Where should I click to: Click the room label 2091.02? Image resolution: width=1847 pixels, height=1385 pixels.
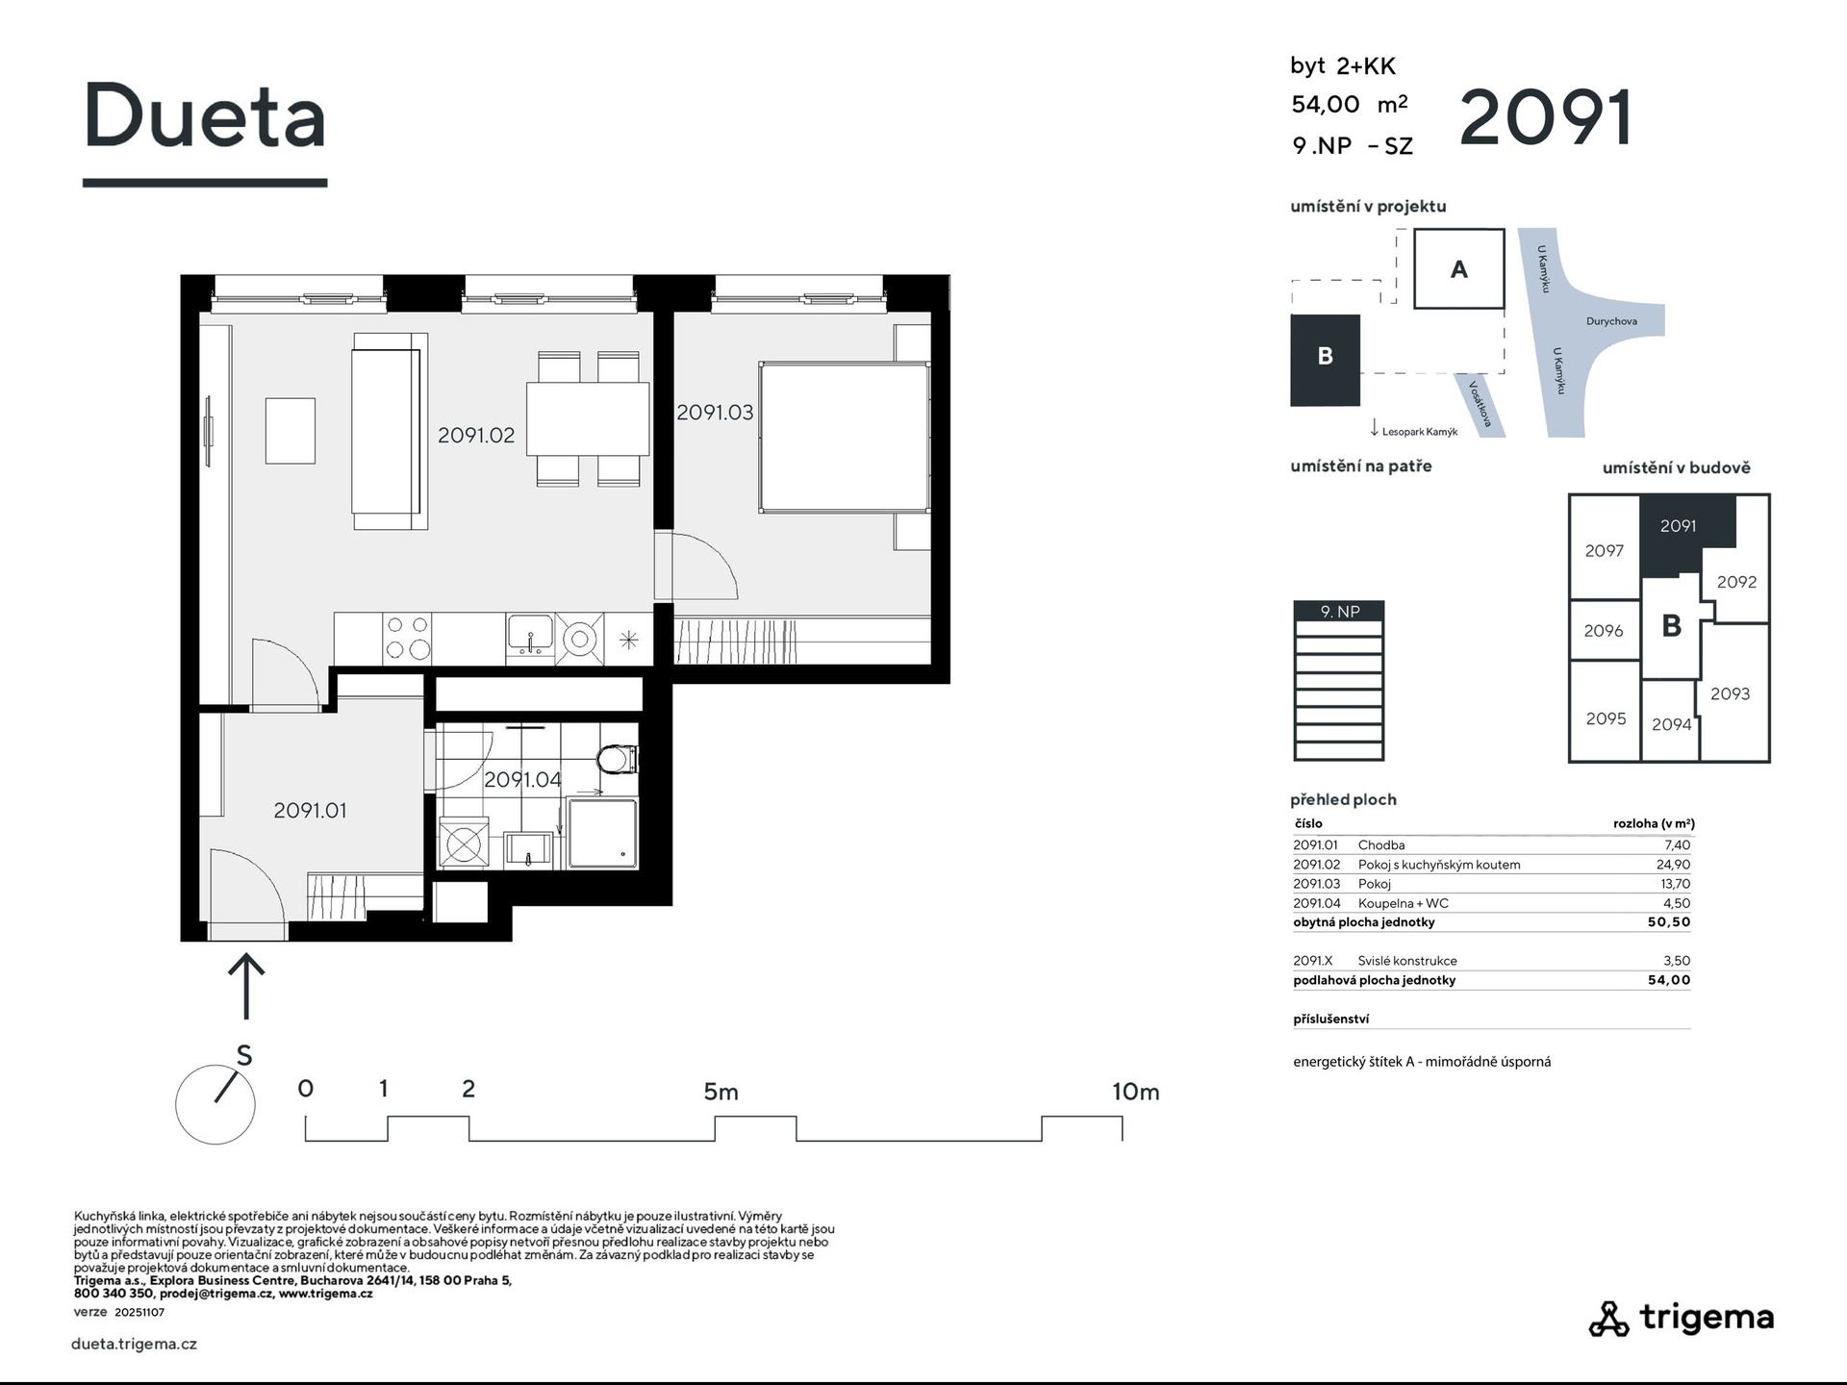(476, 435)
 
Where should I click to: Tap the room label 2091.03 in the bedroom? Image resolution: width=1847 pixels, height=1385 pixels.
(715, 412)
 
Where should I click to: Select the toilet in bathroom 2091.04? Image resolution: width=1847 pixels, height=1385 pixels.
(617, 760)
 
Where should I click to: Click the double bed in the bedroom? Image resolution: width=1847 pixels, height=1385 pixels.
(845, 437)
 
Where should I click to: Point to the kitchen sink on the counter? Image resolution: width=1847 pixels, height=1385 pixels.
(530, 635)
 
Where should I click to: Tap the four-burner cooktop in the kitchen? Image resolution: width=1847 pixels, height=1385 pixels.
(408, 637)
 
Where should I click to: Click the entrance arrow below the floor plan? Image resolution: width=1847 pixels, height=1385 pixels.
(246, 985)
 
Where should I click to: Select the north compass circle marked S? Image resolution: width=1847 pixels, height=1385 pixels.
(215, 1104)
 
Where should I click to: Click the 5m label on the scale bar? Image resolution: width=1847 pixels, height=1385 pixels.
(721, 1092)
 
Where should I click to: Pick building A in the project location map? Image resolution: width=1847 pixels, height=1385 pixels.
(1458, 269)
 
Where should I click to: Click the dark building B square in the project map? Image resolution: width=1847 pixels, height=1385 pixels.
(1325, 360)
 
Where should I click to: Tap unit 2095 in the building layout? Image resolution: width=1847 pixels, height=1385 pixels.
(1606, 718)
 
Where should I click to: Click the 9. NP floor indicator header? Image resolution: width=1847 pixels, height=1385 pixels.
(1339, 611)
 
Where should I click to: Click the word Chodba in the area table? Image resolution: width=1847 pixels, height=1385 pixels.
(1381, 845)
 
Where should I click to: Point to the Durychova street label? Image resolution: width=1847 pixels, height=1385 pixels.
(1611, 321)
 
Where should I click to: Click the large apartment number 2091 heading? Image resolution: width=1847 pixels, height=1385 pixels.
(1546, 118)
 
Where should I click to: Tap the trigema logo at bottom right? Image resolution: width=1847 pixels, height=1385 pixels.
(1681, 1318)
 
